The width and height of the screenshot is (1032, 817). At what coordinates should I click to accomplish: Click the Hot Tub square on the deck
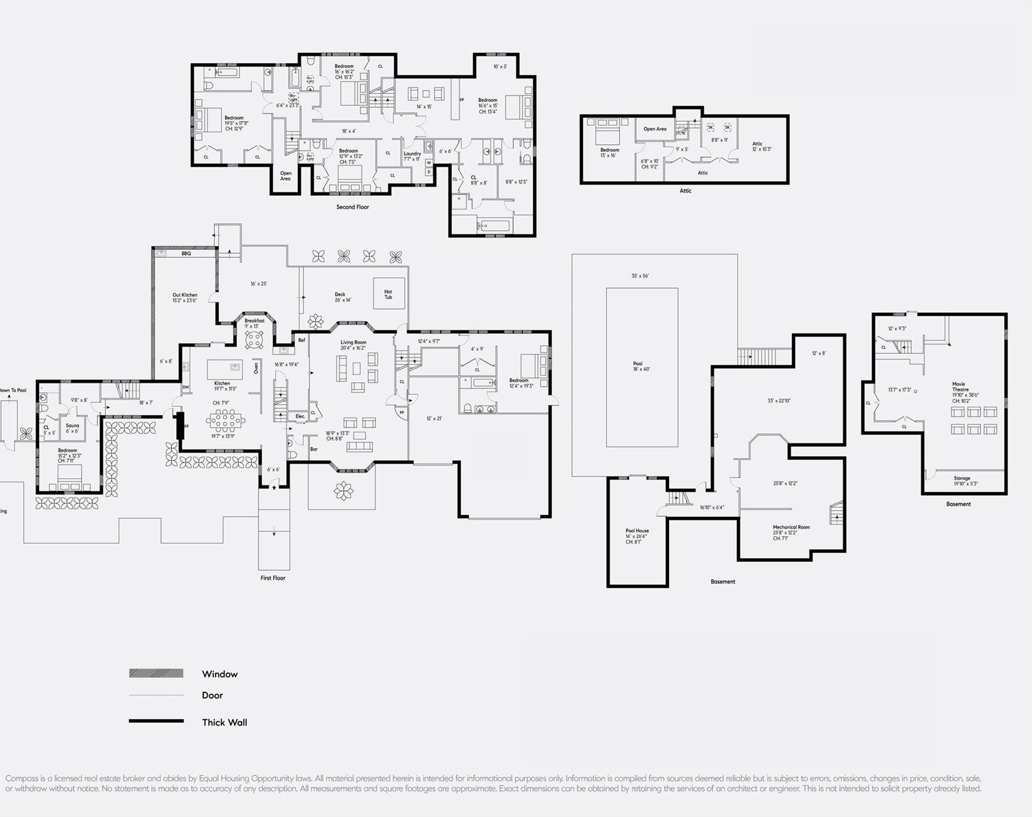(x=388, y=294)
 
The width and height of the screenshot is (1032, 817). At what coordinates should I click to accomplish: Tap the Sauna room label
(x=72, y=425)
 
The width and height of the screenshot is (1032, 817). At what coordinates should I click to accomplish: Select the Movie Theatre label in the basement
(x=958, y=387)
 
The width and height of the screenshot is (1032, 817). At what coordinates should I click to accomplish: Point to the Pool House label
(x=637, y=531)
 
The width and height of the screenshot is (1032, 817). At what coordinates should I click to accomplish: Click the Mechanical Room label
(x=791, y=527)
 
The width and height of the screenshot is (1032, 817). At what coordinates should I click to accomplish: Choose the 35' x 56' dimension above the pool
(x=640, y=276)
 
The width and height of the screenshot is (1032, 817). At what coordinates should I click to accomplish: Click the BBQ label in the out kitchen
(x=186, y=253)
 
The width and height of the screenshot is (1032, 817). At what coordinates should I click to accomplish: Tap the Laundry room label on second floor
(x=412, y=154)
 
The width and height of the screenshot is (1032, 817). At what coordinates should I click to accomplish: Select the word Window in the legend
(x=220, y=674)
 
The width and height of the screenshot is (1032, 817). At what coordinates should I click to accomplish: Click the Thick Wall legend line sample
(x=156, y=721)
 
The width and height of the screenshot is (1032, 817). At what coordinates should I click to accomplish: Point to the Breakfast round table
(x=254, y=340)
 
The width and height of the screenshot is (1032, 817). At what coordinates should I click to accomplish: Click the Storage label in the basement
(x=961, y=478)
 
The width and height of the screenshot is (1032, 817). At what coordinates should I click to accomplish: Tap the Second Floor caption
(x=352, y=207)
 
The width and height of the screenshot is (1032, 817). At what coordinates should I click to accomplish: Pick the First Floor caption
(x=273, y=578)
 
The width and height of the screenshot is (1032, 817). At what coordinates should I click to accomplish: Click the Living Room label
(x=353, y=342)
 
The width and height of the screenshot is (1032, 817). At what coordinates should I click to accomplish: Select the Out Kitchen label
(x=185, y=295)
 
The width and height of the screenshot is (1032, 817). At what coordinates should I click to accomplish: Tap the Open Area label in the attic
(x=654, y=129)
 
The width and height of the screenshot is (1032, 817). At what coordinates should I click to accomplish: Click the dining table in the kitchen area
(x=226, y=420)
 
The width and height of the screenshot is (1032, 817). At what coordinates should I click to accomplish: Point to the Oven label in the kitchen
(x=256, y=368)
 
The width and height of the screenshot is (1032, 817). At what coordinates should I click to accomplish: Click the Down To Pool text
(x=12, y=390)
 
